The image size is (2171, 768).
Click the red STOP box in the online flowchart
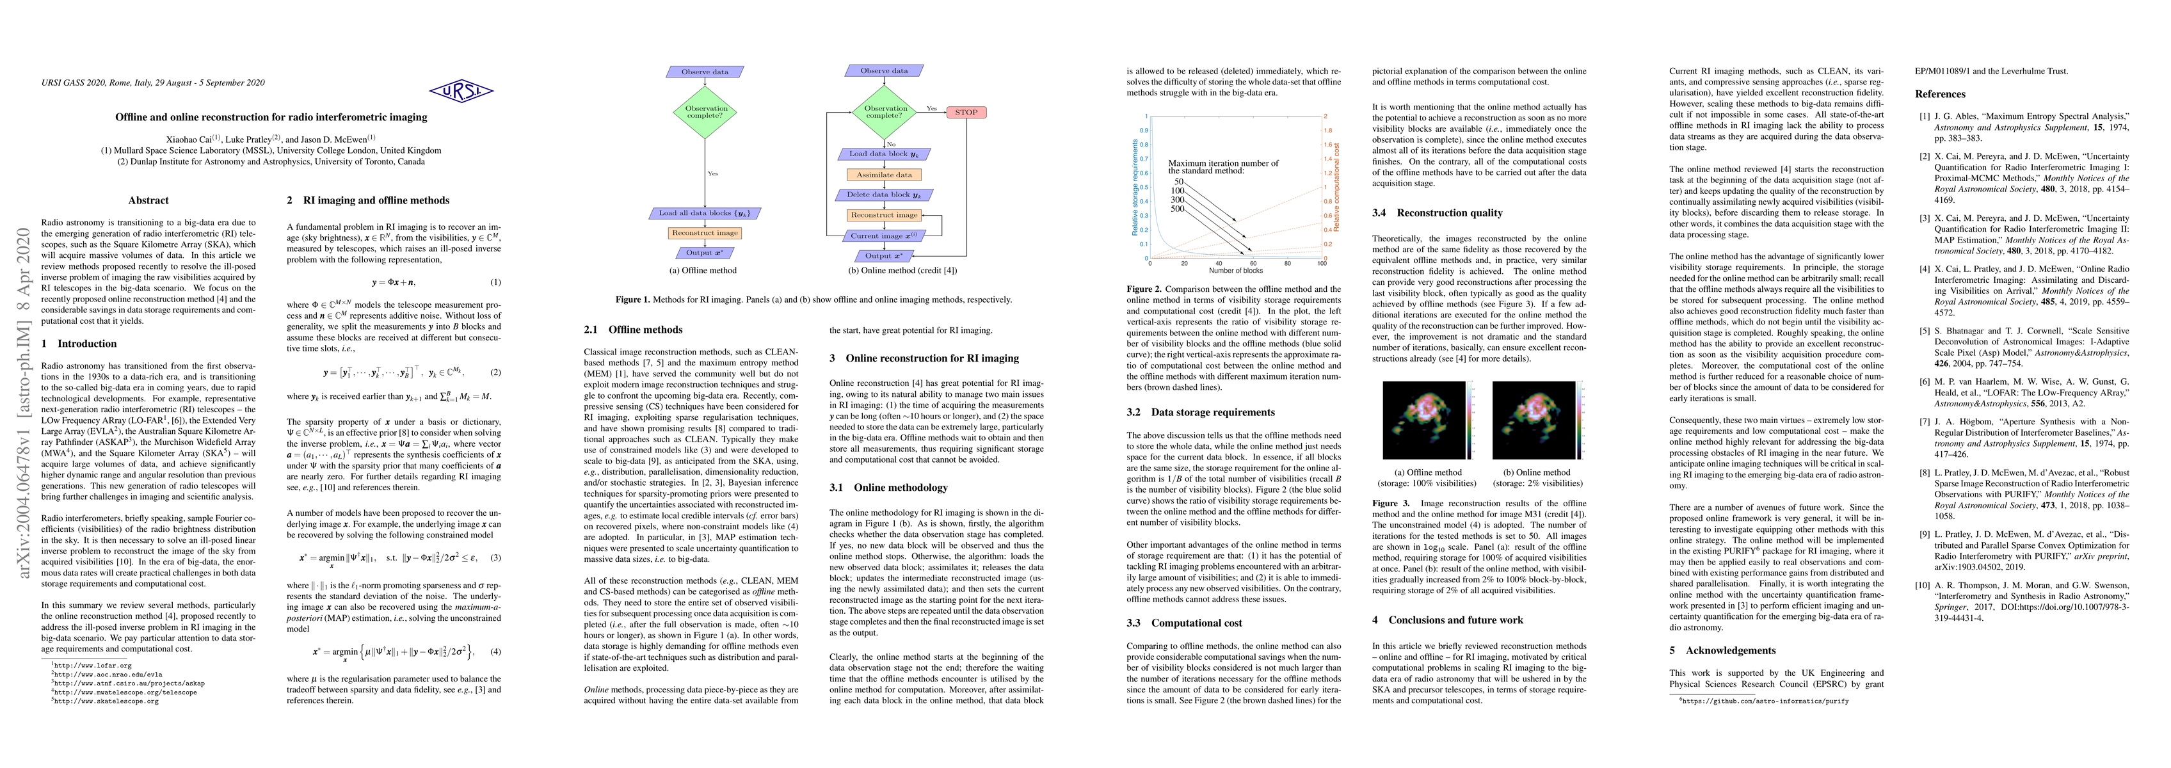(966, 112)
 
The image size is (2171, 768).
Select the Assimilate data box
(884, 175)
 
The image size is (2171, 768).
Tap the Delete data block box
(884, 195)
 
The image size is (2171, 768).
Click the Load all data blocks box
(704, 213)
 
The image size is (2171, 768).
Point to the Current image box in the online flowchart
(884, 236)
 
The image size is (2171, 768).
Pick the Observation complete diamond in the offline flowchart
(705, 112)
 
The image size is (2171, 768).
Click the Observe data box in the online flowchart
(884, 72)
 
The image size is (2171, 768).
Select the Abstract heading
(148, 201)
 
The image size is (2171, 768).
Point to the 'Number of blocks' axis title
(1235, 271)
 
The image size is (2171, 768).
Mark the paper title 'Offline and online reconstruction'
(271, 117)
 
